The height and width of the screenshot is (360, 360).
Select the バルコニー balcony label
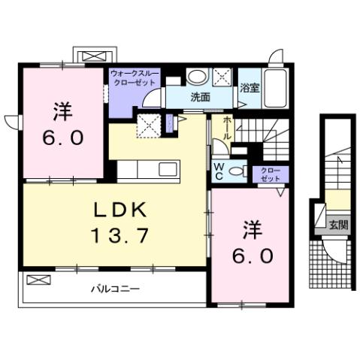(115, 288)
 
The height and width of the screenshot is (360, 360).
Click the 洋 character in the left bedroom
(62, 113)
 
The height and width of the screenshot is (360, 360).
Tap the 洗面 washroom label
(199, 98)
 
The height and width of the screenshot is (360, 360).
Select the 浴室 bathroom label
(250, 87)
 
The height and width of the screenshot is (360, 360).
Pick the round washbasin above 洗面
(197, 76)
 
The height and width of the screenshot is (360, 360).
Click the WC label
(219, 171)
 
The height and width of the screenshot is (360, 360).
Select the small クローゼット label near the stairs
(271, 175)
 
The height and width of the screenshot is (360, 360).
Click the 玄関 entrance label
(339, 224)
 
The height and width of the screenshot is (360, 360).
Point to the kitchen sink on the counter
(167, 167)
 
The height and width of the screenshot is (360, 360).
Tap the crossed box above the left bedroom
(93, 56)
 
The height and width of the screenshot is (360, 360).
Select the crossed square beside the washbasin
(223, 76)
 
